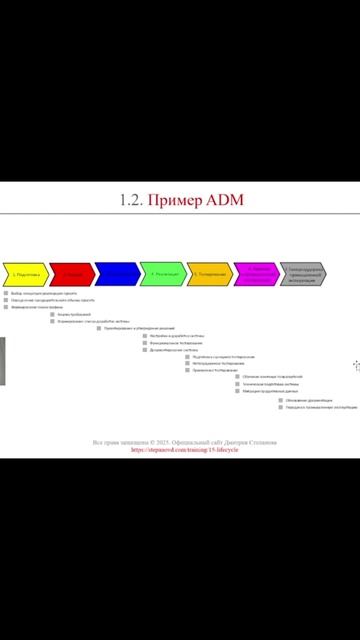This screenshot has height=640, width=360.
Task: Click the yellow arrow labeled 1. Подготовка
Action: pyautogui.click(x=26, y=273)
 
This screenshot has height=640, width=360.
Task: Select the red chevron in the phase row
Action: pyautogui.click(x=71, y=273)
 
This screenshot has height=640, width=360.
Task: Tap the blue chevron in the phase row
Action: pyautogui.click(x=116, y=273)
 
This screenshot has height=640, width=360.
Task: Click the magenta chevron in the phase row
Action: pyautogui.click(x=256, y=273)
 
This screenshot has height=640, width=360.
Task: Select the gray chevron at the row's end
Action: pyautogui.click(x=302, y=273)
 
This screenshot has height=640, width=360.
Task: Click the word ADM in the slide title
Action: pyautogui.click(x=225, y=200)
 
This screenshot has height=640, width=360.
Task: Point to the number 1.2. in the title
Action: pyautogui.click(x=131, y=200)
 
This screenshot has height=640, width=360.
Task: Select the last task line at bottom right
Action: pyautogui.click(x=320, y=407)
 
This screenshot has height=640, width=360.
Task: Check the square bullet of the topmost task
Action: pyautogui.click(x=6, y=293)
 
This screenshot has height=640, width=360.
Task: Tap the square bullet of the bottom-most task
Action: pyautogui.click(x=280, y=407)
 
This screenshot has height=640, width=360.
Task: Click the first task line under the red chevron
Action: pyautogui.click(x=76, y=314)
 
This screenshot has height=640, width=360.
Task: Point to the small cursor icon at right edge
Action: pyautogui.click(x=355, y=366)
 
